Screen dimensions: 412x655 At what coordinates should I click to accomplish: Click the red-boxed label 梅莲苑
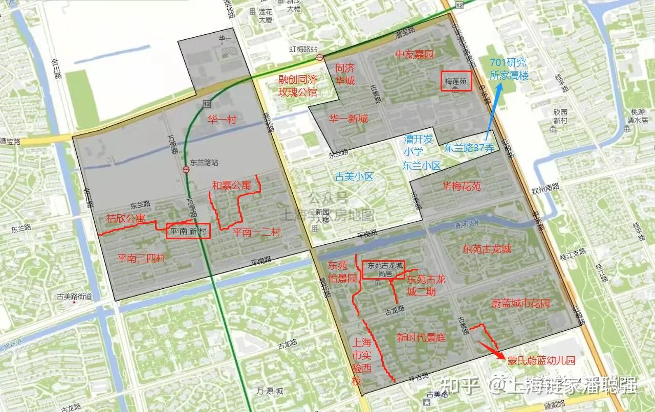(x=456, y=81)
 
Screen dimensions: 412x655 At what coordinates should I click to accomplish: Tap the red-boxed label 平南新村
(x=188, y=231)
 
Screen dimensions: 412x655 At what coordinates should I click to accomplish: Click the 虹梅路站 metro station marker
(x=320, y=57)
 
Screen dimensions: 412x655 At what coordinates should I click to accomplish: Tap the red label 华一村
(x=222, y=120)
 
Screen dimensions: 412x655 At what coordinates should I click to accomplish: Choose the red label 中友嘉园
(x=414, y=54)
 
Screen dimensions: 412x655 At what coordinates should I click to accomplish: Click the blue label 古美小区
(x=355, y=177)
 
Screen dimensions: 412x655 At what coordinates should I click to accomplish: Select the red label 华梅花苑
(x=462, y=186)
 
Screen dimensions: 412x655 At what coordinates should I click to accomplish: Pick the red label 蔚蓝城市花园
(x=520, y=304)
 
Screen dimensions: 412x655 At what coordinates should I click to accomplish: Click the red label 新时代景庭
(x=422, y=337)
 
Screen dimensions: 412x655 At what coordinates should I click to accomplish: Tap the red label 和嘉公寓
(x=231, y=185)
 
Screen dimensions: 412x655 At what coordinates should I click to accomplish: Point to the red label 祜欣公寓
(x=125, y=218)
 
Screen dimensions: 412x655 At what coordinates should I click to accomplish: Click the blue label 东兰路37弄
(x=469, y=149)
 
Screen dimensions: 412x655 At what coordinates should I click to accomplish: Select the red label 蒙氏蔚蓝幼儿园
(x=541, y=360)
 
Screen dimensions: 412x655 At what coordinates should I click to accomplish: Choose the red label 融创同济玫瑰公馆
(x=297, y=85)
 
